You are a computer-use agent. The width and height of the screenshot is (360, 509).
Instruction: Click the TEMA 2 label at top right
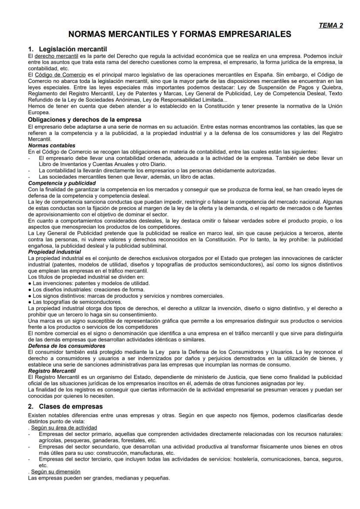331,25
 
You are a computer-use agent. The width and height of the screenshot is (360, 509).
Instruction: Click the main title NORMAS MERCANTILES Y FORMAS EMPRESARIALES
180,34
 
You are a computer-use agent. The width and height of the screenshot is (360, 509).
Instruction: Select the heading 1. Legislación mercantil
67,49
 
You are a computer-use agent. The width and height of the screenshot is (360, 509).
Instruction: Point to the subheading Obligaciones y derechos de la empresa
84,119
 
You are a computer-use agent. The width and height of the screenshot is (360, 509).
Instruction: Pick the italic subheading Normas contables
51,145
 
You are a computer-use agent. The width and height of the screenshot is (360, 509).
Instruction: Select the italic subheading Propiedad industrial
54,252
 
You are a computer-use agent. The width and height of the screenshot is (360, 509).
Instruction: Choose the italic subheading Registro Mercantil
51,371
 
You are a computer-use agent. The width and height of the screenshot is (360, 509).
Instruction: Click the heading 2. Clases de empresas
65,406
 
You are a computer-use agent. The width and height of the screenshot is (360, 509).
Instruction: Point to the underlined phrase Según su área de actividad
64,428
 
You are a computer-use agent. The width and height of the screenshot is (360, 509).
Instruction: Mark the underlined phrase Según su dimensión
56,472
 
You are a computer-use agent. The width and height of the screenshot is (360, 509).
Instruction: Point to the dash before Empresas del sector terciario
29,459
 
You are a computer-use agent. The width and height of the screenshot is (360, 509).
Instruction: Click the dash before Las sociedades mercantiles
29,176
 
